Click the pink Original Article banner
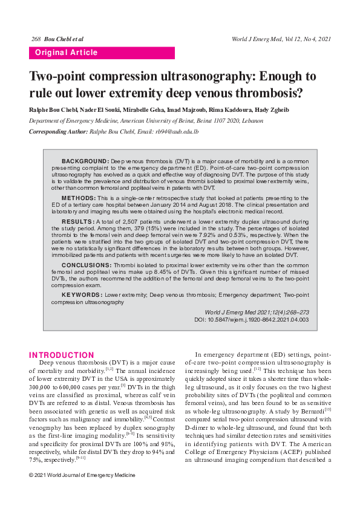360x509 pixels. coord(102,53)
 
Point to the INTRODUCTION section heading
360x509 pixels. coord(62,355)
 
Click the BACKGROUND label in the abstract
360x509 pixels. coord(85,161)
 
